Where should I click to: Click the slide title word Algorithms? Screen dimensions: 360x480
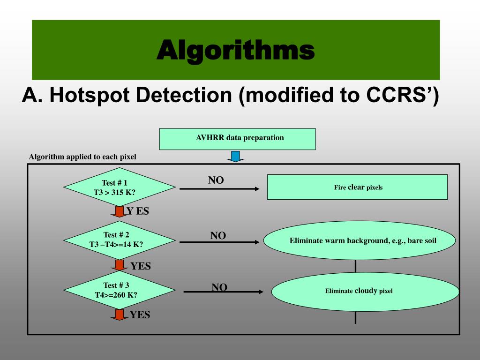pos(235,50)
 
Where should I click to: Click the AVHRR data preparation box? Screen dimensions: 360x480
pos(237,139)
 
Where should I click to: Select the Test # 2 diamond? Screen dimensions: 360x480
pos(116,240)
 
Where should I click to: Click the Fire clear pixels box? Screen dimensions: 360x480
pos(357,187)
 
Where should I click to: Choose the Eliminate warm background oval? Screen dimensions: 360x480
pos(360,241)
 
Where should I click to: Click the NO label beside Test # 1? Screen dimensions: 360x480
pos(216,180)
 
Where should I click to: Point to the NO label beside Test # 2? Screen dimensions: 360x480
pos(218,236)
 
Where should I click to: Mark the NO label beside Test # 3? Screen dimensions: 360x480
pos(219,287)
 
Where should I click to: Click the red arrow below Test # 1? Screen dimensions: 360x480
pos(120,212)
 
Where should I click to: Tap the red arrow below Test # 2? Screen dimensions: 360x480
pos(120,265)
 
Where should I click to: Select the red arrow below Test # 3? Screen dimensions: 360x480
pos(120,315)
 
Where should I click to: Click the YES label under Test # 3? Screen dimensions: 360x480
pos(140,315)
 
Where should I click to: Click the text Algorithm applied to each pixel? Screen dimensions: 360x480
pos(82,157)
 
